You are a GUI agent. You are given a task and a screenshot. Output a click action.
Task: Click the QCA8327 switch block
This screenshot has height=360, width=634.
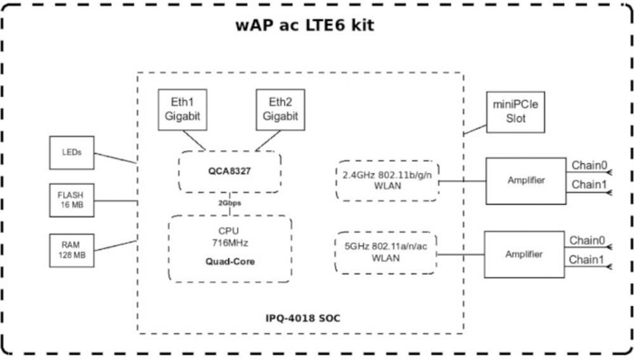point(230,171)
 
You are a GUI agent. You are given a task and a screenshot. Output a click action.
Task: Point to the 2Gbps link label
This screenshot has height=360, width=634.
point(230,203)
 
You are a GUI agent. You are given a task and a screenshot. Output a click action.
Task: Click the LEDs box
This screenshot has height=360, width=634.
point(72,153)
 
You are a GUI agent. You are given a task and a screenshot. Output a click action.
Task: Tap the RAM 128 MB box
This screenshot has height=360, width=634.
point(72,249)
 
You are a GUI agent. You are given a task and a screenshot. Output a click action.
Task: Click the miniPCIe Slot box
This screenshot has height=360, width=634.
point(516,112)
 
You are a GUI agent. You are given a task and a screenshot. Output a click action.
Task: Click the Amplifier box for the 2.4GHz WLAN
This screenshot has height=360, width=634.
point(526,181)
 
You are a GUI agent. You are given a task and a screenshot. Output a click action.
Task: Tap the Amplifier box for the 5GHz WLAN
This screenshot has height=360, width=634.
point(524,254)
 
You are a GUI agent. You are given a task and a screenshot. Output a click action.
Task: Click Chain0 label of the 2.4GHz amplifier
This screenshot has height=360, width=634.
point(590,166)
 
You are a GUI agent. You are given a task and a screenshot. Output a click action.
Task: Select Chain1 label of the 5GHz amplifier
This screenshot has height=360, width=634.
point(587,259)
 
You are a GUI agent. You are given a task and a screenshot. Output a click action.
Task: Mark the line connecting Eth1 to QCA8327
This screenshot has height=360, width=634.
point(194,141)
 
